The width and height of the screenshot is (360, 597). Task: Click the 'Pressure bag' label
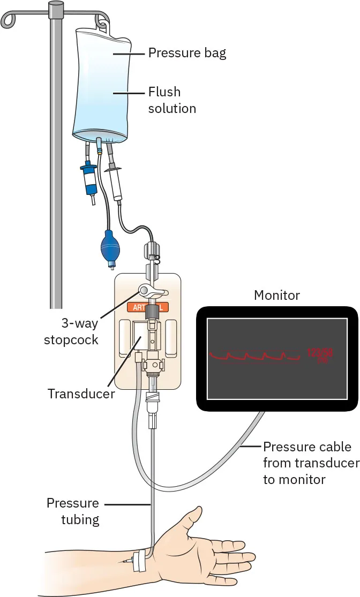187,53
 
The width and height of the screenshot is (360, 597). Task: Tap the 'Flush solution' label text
172,100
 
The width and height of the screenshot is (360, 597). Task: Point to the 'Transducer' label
81,394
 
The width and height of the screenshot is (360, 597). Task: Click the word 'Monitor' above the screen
276,296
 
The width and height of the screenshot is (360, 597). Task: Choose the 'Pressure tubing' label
72,511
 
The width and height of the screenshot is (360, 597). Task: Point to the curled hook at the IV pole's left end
9,20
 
